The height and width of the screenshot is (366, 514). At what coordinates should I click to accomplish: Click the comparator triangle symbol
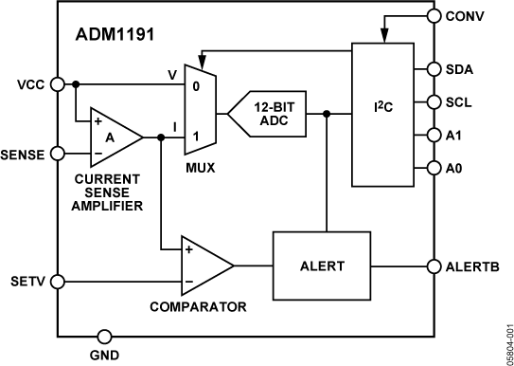click(205, 267)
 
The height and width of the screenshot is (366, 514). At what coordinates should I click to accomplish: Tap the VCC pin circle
click(58, 83)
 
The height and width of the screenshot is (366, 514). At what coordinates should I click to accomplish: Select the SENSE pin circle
click(58, 152)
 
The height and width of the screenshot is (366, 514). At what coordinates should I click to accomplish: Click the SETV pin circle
click(58, 282)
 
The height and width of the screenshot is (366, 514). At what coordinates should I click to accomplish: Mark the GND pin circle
click(103, 335)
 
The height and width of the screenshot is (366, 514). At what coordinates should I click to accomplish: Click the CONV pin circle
click(434, 15)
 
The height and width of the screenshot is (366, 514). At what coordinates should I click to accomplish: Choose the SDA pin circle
click(434, 69)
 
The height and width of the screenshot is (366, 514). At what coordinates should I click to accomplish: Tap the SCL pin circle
click(434, 101)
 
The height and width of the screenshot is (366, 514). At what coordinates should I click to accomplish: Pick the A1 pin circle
click(434, 135)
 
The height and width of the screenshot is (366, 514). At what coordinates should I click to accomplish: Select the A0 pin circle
click(434, 168)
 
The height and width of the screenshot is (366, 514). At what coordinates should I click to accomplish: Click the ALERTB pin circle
click(434, 266)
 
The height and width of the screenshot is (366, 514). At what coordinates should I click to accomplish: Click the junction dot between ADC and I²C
click(327, 114)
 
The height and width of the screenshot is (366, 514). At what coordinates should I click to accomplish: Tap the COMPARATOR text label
click(198, 307)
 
